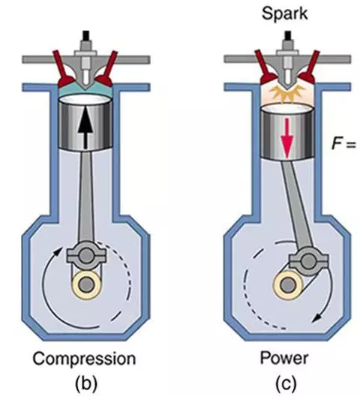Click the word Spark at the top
[284, 14]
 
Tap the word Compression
[85, 359]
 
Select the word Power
[284, 358]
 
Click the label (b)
[86, 383]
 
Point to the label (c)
[286, 383]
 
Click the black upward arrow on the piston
[85, 127]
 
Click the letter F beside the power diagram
[336, 144]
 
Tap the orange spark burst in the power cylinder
[287, 95]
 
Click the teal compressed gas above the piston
[85, 92]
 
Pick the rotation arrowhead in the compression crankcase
[58, 251]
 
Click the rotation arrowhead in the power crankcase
[316, 319]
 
